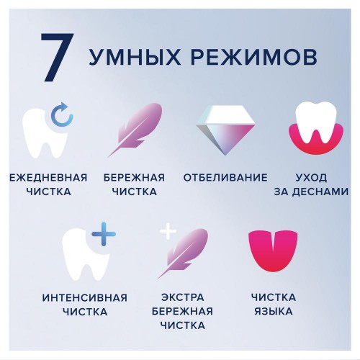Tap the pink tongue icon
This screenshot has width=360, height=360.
(x=271, y=252)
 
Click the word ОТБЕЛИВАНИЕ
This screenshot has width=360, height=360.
(x=225, y=177)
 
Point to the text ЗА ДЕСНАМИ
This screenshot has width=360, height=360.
(x=315, y=192)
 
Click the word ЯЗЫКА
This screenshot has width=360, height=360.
(x=272, y=312)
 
